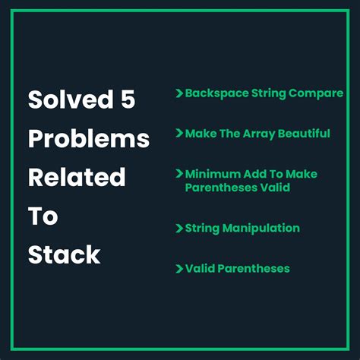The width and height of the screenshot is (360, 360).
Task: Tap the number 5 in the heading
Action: (128, 100)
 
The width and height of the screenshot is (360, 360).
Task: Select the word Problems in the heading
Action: (88, 140)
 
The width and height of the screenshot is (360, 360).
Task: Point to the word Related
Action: (77, 178)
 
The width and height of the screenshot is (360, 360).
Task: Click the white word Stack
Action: (64, 254)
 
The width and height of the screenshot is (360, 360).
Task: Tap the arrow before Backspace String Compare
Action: (178, 93)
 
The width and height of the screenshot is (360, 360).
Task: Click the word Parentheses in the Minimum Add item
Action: (221, 187)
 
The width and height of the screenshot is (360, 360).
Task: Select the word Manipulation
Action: (261, 228)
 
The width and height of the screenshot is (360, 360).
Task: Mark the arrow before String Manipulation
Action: (178, 228)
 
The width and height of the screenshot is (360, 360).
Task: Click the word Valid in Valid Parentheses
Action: (200, 268)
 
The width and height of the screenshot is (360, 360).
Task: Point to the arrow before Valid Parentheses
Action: (178, 268)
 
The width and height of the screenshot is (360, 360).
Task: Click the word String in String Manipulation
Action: (203, 228)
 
